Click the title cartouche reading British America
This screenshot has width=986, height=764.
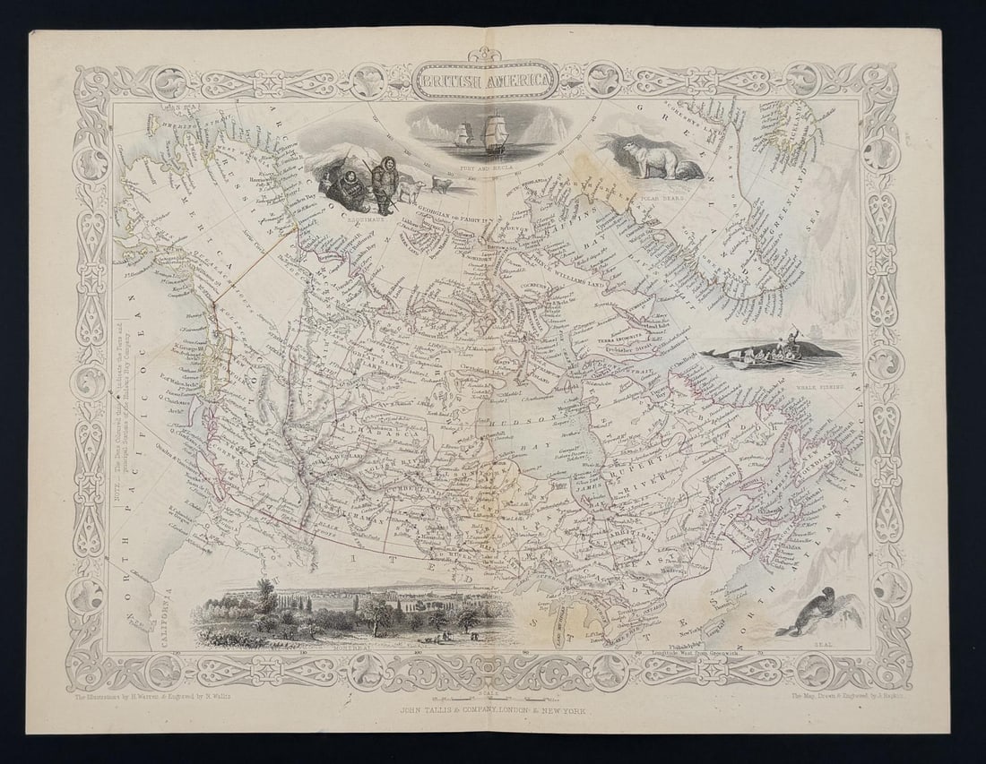click(x=485, y=80)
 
